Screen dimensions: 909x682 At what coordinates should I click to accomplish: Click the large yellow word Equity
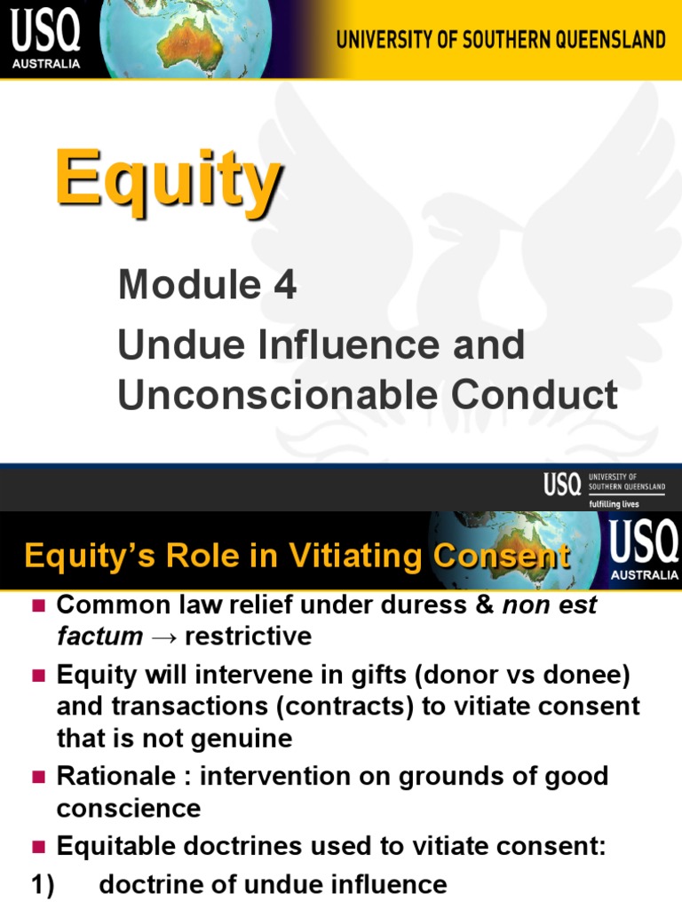168,183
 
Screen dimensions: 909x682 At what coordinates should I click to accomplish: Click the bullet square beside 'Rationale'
37,778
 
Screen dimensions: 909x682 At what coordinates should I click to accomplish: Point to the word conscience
129,809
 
